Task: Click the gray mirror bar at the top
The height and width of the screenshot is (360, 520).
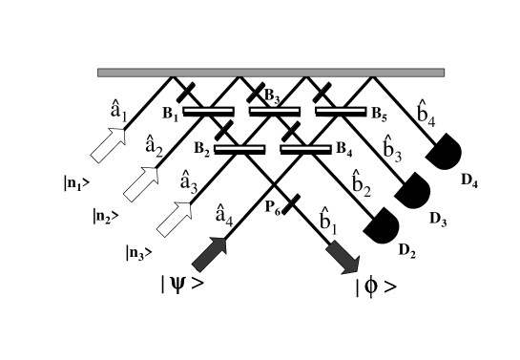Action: pyautogui.click(x=270, y=73)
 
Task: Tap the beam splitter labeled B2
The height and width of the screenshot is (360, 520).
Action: pyautogui.click(x=239, y=148)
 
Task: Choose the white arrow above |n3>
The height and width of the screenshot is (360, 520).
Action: pyautogui.click(x=174, y=216)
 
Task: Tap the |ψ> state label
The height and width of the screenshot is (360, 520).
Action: pyautogui.click(x=181, y=284)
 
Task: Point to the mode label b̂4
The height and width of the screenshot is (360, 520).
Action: pyautogui.click(x=426, y=115)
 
